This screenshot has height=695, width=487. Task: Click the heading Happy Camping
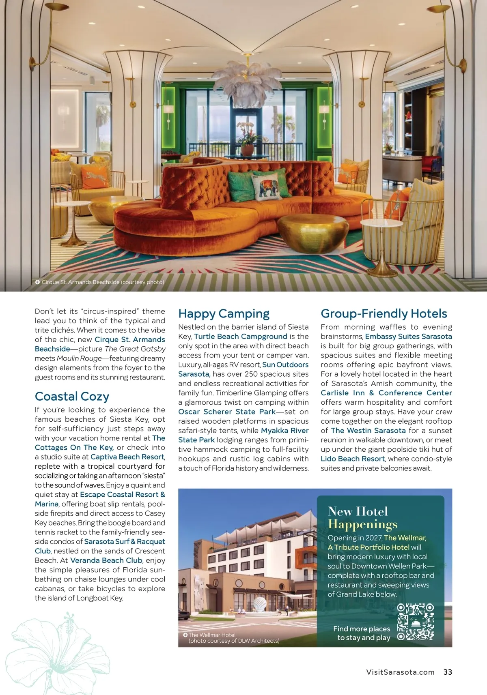click(x=224, y=314)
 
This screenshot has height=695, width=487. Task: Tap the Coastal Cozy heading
click(x=72, y=397)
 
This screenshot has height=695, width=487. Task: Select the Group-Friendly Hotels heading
click(x=384, y=314)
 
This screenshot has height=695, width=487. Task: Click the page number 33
click(x=448, y=672)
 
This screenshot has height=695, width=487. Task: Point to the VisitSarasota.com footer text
click(x=400, y=672)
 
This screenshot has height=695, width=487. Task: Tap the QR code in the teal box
click(x=415, y=622)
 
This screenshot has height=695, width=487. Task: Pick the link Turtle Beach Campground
click(x=241, y=337)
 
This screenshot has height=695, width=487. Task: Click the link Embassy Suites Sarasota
click(x=408, y=337)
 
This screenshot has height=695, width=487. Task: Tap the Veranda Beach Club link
click(x=106, y=560)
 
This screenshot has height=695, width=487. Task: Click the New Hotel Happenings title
click(x=362, y=518)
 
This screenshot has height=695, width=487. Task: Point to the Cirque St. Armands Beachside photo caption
click(x=102, y=282)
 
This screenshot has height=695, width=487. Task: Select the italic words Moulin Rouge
click(x=79, y=358)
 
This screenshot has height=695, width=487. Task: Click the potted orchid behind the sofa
click(x=248, y=140)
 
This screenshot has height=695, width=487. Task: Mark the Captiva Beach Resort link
click(x=127, y=457)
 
